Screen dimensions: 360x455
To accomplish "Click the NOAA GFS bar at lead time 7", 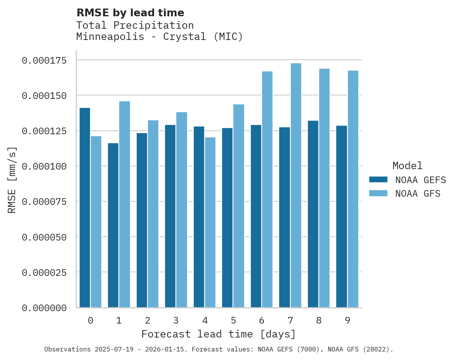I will tap(296, 185).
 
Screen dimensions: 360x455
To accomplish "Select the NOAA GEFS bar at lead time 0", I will tap(85, 208).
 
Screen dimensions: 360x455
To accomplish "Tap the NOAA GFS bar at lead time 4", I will tap(210, 222).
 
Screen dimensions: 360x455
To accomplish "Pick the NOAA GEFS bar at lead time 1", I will tap(113, 225).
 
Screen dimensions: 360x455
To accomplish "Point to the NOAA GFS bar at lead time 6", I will tap(267, 189).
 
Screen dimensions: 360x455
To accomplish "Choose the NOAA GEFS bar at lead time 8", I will tap(313, 214).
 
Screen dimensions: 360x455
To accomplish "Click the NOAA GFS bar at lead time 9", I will tap(353, 189).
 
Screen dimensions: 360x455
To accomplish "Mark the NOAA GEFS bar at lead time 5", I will tap(227, 218).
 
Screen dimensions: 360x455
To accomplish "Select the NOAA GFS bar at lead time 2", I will tap(153, 214).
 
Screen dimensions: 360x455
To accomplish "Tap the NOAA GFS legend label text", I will tap(418, 194).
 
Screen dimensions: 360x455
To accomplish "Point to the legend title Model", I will tap(407, 166).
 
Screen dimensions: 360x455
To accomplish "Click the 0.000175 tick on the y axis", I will tap(44, 60).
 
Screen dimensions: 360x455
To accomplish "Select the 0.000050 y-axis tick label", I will tap(44, 237).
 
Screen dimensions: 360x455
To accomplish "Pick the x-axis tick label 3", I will tap(176, 320).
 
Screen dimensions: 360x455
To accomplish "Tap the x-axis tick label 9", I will tap(347, 320).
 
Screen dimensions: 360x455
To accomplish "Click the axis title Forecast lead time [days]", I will tap(219, 334).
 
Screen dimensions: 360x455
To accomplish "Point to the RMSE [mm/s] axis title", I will tap(12, 180).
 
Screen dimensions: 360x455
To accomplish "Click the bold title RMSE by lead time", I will tap(130, 13).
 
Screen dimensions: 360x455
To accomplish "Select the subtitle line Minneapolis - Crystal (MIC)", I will tap(159, 37).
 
